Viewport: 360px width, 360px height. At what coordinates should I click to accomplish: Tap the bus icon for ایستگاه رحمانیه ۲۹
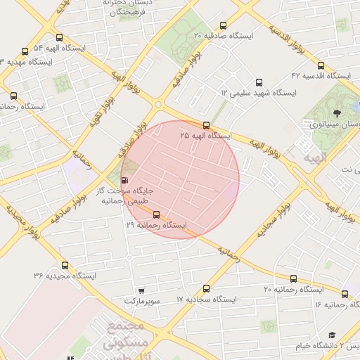tap(155, 215)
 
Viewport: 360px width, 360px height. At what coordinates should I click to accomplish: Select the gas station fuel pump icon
tap(125, 180)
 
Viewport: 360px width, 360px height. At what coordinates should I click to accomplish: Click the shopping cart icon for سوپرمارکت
tap(141, 290)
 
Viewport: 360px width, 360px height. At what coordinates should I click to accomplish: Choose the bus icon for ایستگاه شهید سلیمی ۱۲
tap(259, 82)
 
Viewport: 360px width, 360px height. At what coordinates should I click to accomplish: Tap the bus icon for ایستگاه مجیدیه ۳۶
tap(65, 265)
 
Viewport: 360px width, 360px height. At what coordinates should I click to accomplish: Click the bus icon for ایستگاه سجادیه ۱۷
tap(206, 288)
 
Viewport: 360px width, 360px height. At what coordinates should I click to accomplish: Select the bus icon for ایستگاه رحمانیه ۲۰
tap(294, 278)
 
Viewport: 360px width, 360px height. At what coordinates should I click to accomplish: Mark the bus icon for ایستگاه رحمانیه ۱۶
tap(345, 294)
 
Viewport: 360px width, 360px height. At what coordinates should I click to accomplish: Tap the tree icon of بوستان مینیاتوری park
tap(338, 112)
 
